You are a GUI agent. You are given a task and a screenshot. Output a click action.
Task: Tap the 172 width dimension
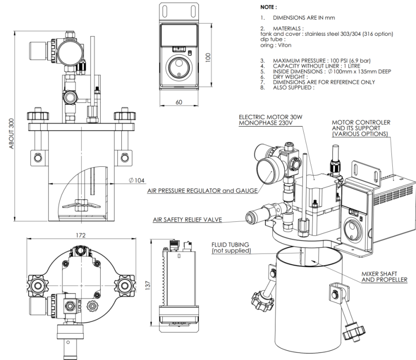pyautogui.click(x=81, y=235)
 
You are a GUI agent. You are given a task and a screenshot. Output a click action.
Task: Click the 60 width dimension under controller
pyautogui.click(x=179, y=101)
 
